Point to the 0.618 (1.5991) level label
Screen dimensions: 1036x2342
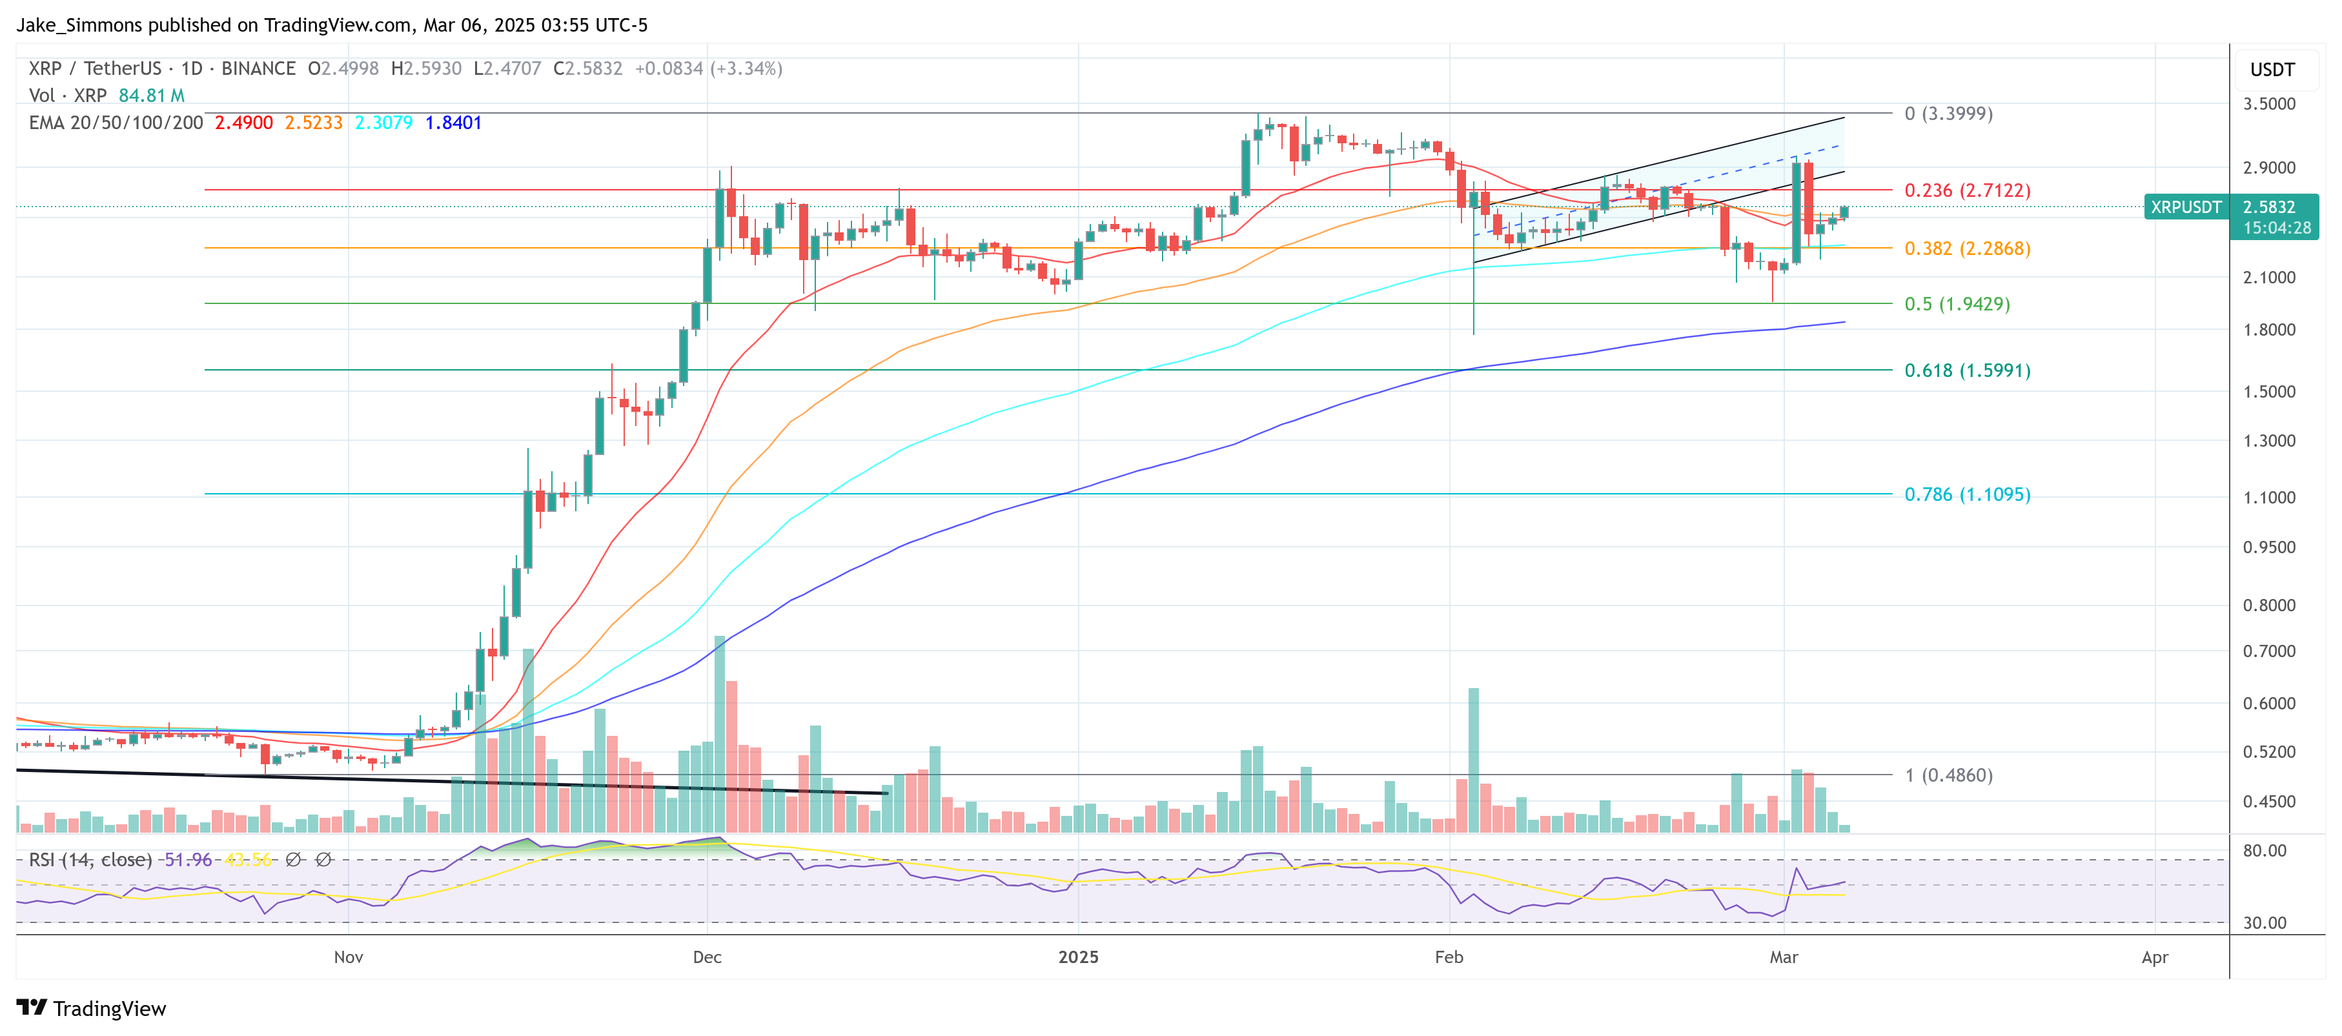(x=1966, y=371)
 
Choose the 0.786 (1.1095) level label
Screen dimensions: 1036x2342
(x=1966, y=495)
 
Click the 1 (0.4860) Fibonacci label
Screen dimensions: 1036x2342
(x=1948, y=776)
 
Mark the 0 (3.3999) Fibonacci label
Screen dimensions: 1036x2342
(x=1948, y=114)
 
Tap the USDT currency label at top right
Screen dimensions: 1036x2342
(x=2272, y=70)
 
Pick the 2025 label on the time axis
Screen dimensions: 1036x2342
(x=1078, y=958)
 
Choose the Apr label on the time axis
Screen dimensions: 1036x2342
(x=2155, y=958)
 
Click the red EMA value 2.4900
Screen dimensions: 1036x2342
(x=243, y=123)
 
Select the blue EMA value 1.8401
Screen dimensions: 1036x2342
(x=453, y=123)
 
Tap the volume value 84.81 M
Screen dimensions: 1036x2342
(x=152, y=96)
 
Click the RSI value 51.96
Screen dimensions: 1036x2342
(x=187, y=860)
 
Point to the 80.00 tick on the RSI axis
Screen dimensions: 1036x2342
(x=2264, y=851)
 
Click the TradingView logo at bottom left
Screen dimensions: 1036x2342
(x=92, y=1009)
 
